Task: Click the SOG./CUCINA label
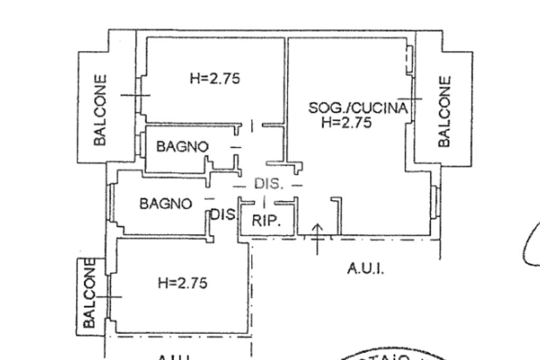[358, 109]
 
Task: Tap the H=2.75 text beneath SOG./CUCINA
[346, 123]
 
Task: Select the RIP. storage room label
[266, 220]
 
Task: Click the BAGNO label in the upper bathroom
[182, 147]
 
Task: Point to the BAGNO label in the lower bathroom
[166, 203]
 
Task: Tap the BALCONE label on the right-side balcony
[445, 111]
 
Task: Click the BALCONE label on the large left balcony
[100, 110]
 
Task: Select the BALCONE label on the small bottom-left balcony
[90, 293]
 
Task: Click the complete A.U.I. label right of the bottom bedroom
[365, 269]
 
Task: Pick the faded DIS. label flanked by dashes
[268, 184]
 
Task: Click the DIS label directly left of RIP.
[222, 215]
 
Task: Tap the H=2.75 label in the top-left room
[215, 79]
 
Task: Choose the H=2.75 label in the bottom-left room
[182, 283]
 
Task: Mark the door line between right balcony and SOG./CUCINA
[410, 99]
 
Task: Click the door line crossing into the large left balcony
[136, 95]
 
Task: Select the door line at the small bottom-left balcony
[109, 297]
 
